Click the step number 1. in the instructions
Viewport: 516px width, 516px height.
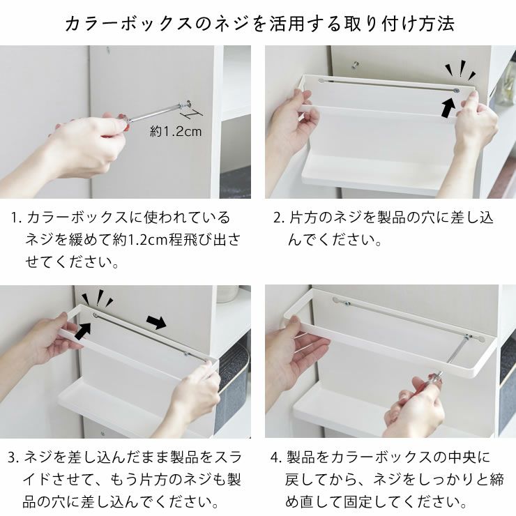pos(16,218)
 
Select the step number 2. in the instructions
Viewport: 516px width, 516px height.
pos(278,218)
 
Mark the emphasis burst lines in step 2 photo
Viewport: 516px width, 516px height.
pos(460,71)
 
